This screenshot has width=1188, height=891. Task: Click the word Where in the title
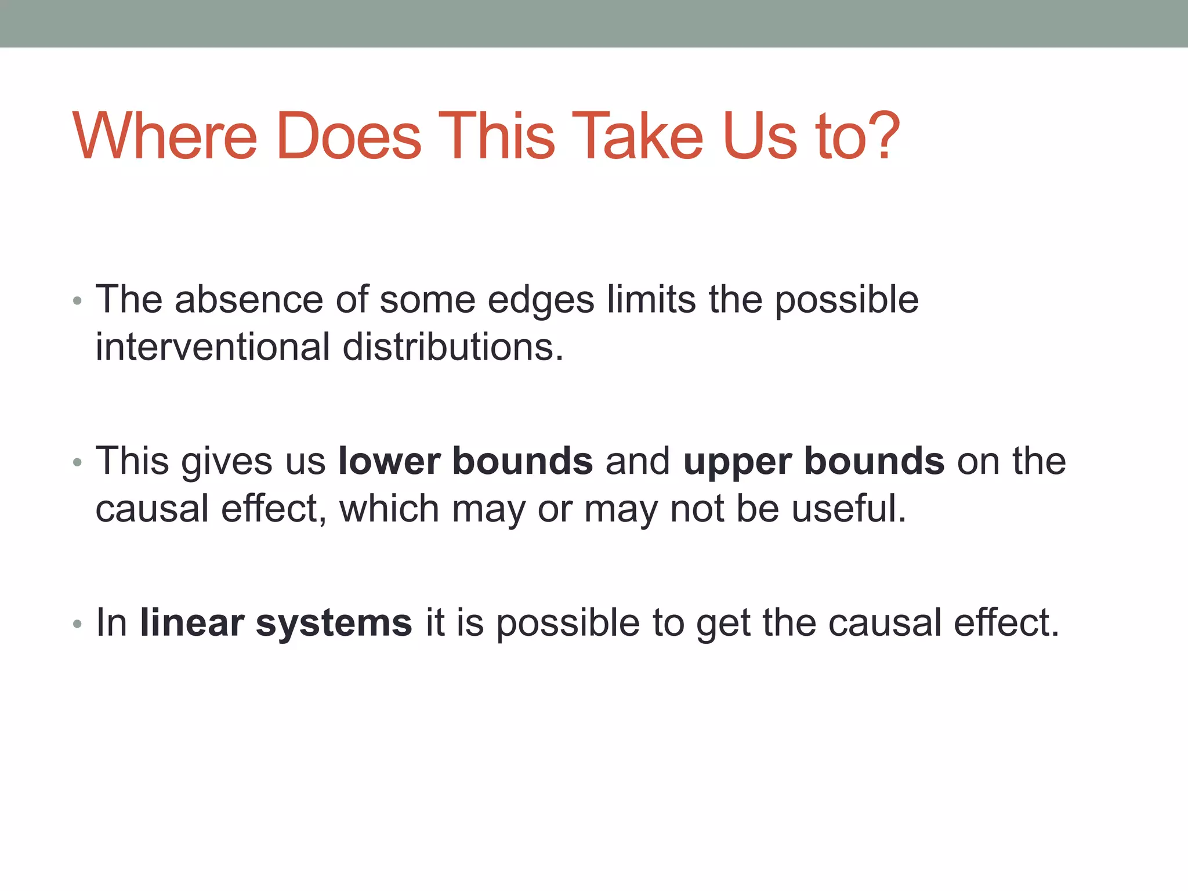pyautogui.click(x=165, y=136)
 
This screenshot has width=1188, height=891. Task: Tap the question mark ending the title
pyautogui.click(x=881, y=136)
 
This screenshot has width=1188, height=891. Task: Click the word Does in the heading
pyautogui.click(x=349, y=136)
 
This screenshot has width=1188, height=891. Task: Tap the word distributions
pyautogui.click(x=452, y=347)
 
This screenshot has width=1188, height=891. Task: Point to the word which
pyautogui.click(x=389, y=509)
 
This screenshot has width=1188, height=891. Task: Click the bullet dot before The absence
pyautogui.click(x=78, y=302)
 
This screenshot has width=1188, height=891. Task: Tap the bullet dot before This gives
pyautogui.click(x=78, y=463)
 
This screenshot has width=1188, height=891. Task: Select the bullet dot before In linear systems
pyautogui.click(x=78, y=625)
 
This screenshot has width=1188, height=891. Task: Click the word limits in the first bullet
pyautogui.click(x=651, y=300)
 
